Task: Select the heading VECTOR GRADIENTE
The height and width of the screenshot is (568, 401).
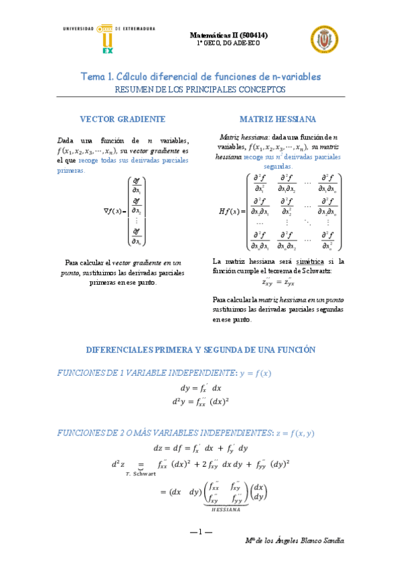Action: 123,119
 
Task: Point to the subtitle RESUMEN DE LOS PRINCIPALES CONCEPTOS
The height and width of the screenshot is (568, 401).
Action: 200,89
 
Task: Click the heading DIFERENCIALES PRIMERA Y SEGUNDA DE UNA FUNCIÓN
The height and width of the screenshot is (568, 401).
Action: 200,350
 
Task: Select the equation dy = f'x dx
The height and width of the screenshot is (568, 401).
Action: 200,388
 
